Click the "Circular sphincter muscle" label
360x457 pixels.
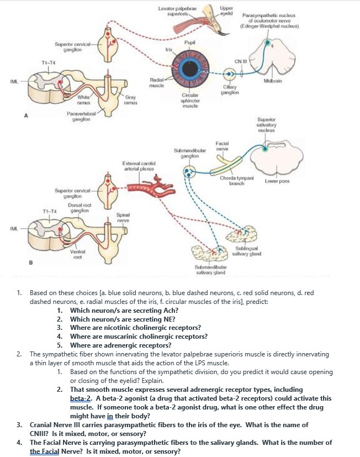tap(190, 102)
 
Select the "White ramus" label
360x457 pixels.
tap(84, 99)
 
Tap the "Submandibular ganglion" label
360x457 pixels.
tap(189, 153)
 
